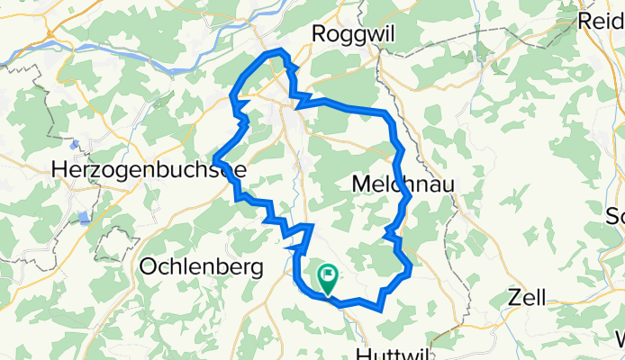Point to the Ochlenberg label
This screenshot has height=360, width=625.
pyautogui.click(x=201, y=266)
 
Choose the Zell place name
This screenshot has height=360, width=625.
pyautogui.click(x=528, y=297)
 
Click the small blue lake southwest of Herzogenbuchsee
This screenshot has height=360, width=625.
pyautogui.click(x=84, y=217)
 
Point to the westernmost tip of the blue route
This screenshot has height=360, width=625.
pyautogui.click(x=214, y=161)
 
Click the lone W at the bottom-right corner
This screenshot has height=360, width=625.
pyautogui.click(x=620, y=339)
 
